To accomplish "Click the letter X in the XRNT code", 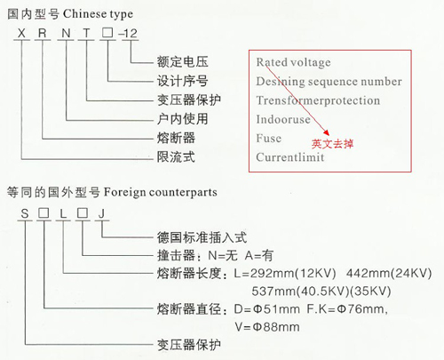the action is (21, 33).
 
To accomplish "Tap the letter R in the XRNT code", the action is (43, 33).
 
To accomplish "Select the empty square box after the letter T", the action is (107, 33).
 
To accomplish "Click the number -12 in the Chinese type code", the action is (128, 33).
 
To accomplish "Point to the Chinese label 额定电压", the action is (182, 61).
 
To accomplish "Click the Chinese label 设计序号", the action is (182, 81).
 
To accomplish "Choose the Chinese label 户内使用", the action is (182, 119).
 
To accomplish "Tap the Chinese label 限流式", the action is (176, 156).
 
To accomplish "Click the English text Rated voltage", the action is (293, 62).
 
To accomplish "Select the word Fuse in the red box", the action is (269, 138).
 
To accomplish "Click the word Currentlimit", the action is (290, 157).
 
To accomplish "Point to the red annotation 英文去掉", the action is (332, 144).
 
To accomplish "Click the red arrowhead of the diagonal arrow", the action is (327, 132).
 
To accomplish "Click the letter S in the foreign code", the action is (25, 213).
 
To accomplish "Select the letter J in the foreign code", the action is (101, 213).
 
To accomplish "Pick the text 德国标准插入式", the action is (202, 237).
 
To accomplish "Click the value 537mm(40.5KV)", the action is (300, 292).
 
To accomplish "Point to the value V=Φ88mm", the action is (267, 327).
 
